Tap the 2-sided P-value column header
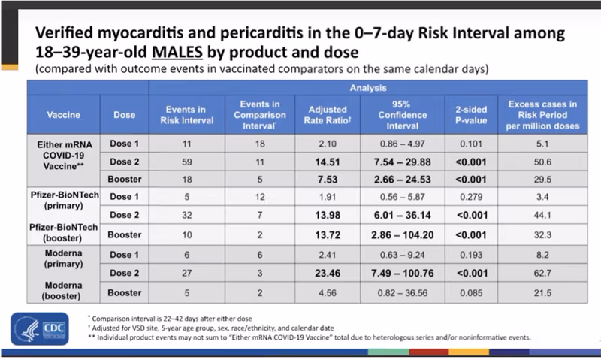click(473, 115)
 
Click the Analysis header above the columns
click(370, 86)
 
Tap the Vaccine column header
click(64, 115)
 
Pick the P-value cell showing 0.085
click(473, 292)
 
